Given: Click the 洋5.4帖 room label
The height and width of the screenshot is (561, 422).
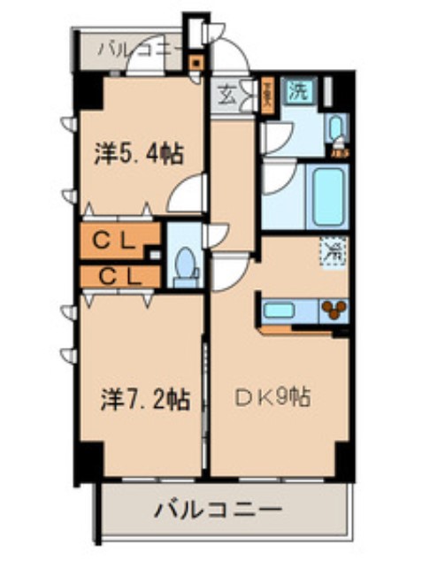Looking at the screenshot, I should (x=139, y=154).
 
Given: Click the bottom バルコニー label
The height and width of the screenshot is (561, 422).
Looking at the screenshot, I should (x=219, y=510).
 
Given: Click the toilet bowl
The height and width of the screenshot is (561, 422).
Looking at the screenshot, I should (x=186, y=265).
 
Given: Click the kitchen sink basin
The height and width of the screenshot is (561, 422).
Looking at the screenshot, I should (x=280, y=310).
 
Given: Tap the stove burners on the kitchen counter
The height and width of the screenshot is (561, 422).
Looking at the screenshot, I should (x=334, y=310).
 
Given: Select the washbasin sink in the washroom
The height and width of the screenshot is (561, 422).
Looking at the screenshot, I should (x=335, y=129).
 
